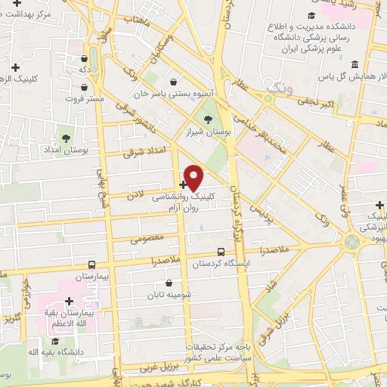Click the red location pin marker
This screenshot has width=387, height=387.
click(x=194, y=178)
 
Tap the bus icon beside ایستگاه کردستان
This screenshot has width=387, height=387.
click(x=221, y=252)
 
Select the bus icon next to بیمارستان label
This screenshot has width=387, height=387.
click(x=91, y=265)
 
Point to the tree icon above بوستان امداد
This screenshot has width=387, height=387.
click(x=67, y=138)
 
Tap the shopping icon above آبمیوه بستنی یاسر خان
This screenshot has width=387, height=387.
click(x=175, y=82)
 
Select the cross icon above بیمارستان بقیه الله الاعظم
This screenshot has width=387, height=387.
click(x=69, y=301)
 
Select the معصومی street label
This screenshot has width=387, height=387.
click(x=144, y=239)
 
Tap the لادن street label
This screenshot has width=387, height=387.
click(x=135, y=195)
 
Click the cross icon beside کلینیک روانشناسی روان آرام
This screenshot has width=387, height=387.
click(x=184, y=184)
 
